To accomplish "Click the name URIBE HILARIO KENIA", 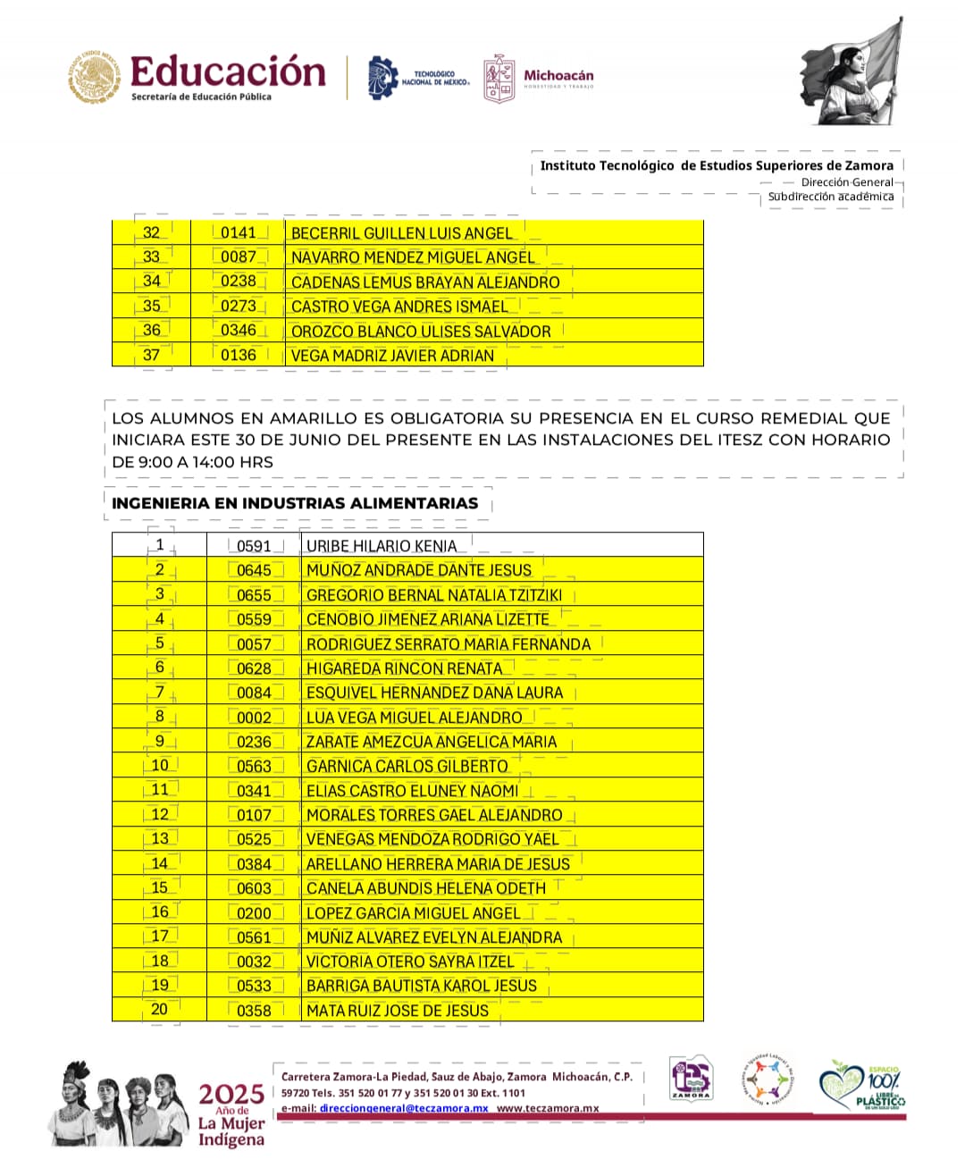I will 382,546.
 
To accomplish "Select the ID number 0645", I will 254,570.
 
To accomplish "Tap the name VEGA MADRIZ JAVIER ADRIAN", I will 392,356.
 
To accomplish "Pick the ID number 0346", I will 239,331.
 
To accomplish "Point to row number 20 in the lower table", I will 159,1010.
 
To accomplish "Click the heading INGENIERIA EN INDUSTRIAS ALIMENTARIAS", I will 295,503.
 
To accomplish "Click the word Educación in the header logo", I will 228,71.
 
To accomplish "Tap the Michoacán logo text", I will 558,76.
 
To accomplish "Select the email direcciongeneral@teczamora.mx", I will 404,1108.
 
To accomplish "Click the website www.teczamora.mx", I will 548,1108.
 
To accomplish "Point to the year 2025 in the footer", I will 231,1094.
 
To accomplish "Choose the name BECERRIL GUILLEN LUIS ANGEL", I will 402,233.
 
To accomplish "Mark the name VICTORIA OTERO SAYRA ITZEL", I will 410,962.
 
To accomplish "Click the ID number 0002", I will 254,718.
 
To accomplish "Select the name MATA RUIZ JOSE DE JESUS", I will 398,1011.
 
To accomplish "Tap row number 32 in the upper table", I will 152,232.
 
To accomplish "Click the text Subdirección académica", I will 831,197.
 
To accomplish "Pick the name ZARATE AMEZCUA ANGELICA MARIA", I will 432,742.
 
